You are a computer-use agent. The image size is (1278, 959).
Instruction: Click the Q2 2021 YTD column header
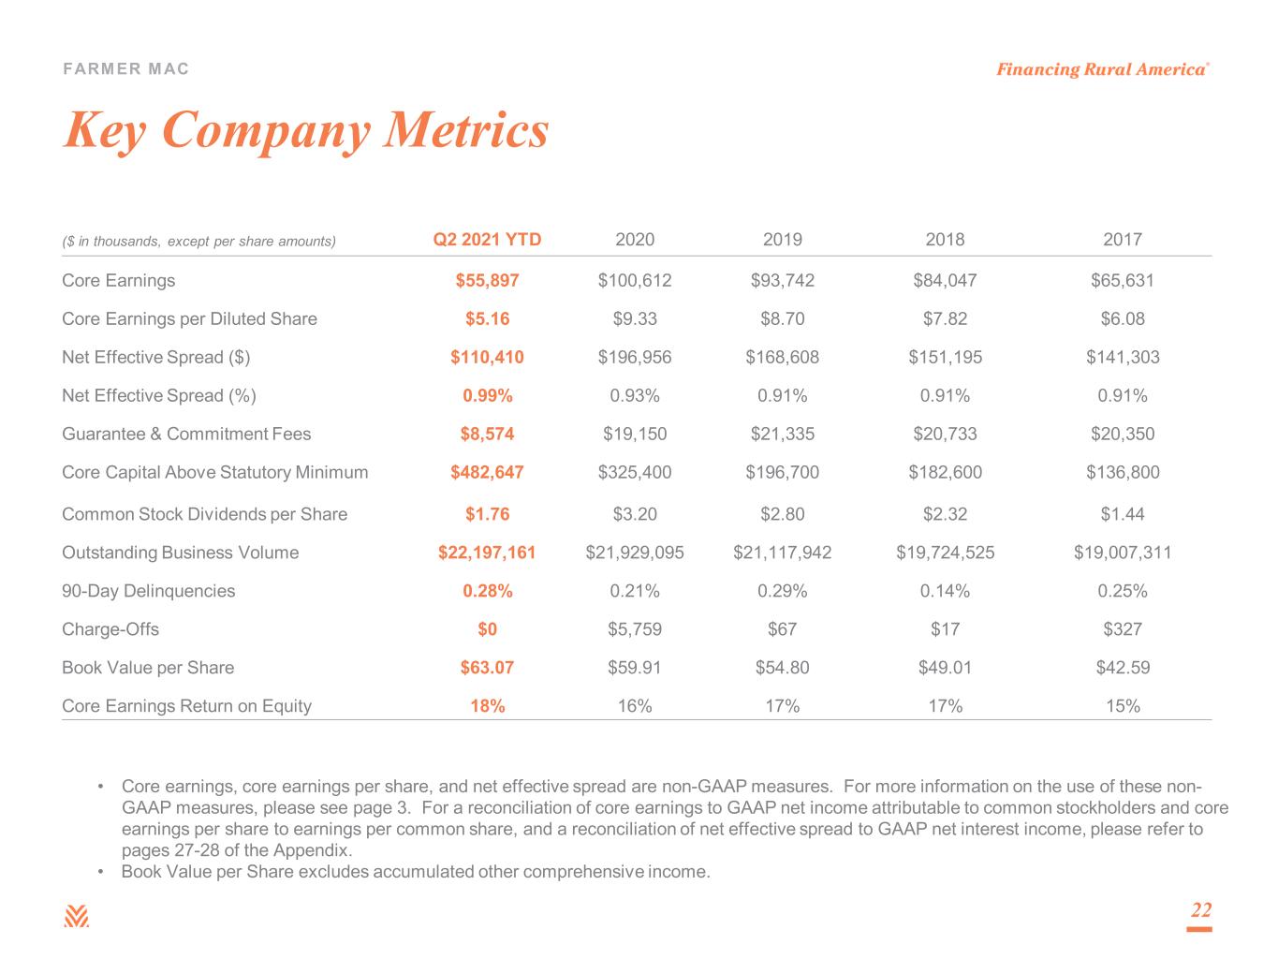(x=487, y=240)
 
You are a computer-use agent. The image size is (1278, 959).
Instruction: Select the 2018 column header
(x=945, y=240)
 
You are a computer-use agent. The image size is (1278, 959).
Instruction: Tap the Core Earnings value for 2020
(x=634, y=280)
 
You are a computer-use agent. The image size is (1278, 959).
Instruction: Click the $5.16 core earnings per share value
(x=487, y=318)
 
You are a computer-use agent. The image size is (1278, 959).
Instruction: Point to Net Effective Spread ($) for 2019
(x=782, y=357)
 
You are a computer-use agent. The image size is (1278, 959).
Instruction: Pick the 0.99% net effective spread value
(x=488, y=395)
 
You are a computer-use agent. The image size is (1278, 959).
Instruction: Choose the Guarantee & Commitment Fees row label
(x=186, y=434)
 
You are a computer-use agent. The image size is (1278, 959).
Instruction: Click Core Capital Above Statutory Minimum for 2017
(x=1122, y=472)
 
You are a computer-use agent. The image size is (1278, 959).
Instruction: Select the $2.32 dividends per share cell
(x=945, y=514)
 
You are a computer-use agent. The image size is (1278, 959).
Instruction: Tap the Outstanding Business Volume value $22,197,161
(x=487, y=552)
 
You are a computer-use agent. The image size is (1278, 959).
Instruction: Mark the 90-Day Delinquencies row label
(x=149, y=590)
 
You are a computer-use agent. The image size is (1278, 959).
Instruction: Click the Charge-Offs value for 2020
(x=634, y=628)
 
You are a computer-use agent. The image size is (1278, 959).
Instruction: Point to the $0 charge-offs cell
(x=487, y=628)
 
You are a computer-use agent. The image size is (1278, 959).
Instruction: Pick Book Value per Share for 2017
(x=1122, y=668)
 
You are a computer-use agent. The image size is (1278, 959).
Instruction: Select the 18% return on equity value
(x=488, y=706)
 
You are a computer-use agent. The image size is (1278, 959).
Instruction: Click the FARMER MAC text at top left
(x=125, y=68)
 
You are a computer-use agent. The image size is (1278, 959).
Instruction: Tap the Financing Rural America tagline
(x=1102, y=69)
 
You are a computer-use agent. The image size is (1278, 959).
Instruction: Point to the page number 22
(x=1200, y=909)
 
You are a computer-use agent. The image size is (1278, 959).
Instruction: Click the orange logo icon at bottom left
(x=76, y=916)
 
